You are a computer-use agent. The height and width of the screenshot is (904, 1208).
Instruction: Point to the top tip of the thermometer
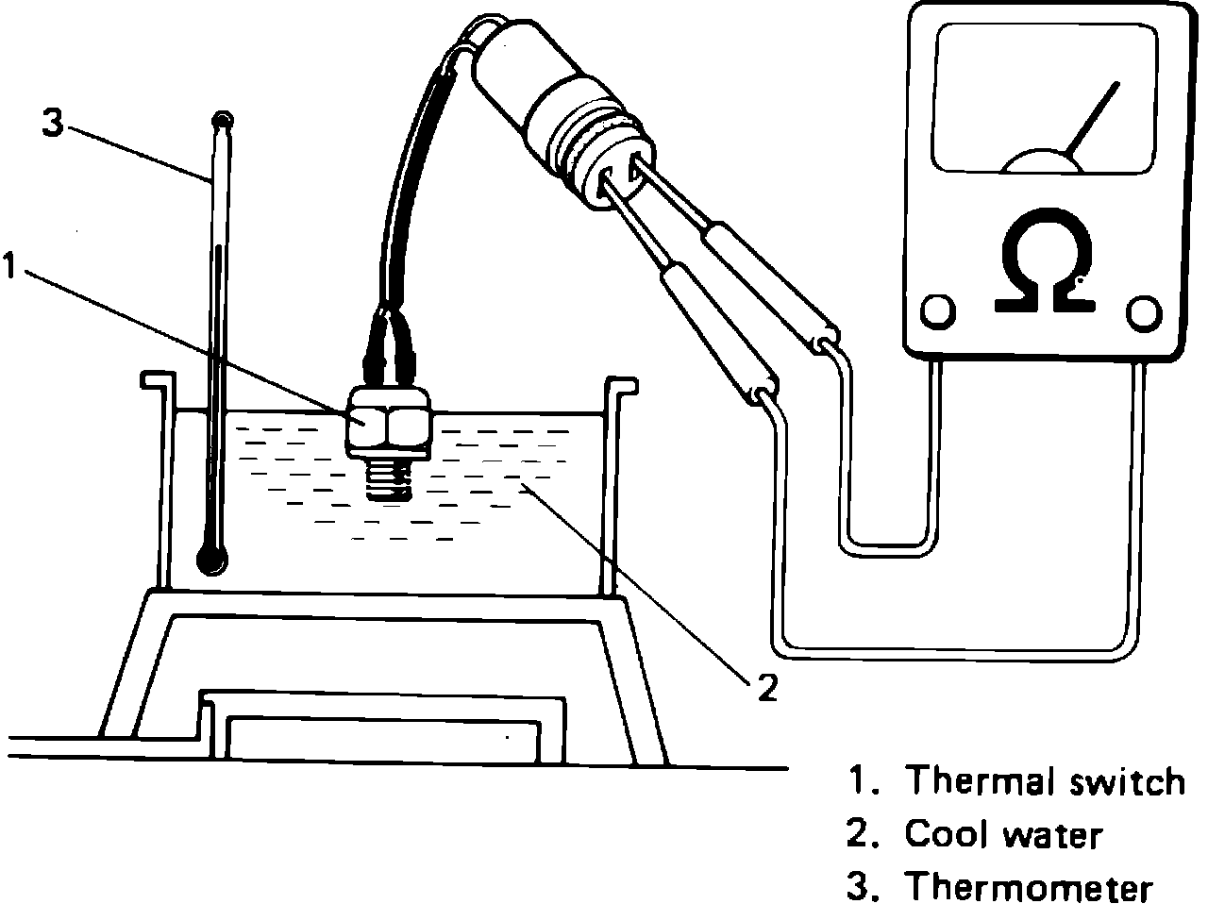coord(223,120)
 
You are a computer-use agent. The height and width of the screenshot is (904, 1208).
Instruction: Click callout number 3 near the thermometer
coord(54,124)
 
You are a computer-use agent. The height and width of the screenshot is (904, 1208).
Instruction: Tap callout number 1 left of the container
coord(9,265)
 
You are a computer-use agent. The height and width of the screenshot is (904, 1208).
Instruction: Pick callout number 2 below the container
coord(766,688)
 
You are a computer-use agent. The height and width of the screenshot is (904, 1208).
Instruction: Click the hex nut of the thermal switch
coord(388,423)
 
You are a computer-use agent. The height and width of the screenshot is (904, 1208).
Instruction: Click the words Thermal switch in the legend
coord(1044,781)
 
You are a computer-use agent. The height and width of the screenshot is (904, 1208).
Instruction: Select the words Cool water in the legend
coord(1002,834)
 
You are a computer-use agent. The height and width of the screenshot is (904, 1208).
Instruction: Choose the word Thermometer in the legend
coord(1029,887)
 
